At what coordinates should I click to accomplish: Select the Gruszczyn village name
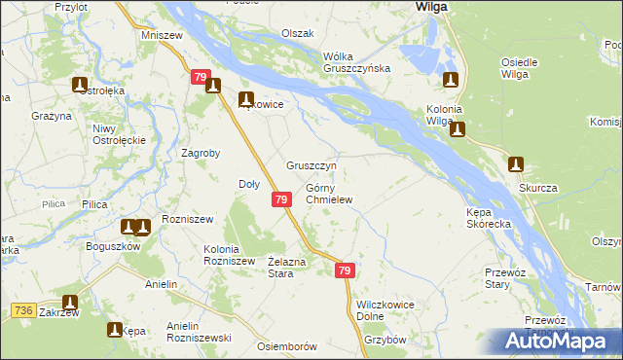[311, 165]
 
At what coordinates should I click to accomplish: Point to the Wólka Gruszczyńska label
[357, 61]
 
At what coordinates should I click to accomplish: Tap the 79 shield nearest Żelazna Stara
[345, 271]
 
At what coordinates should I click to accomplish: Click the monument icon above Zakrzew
[70, 303]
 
